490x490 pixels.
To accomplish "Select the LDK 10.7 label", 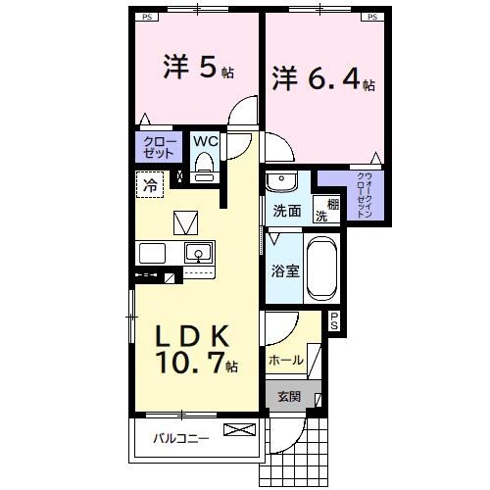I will pyautogui.click(x=194, y=349).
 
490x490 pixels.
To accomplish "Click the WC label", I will pyautogui.click(x=204, y=141).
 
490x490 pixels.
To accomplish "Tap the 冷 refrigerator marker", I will pyautogui.click(x=151, y=182).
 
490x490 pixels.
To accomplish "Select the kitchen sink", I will pyautogui.click(x=198, y=252).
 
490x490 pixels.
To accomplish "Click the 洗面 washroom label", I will pyautogui.click(x=287, y=210).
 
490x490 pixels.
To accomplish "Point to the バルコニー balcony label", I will pyautogui.click(x=180, y=438).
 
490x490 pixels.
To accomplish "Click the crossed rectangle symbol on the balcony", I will pyautogui.click(x=238, y=429).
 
